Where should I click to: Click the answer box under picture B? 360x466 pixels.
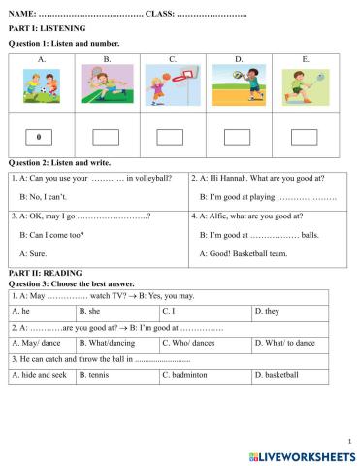pyautogui.click(x=106, y=137)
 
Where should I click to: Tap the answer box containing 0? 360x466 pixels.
pyautogui.click(x=40, y=137)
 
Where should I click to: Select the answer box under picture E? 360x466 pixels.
pyautogui.click(x=307, y=137)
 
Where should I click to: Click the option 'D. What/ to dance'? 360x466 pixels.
pyautogui.click(x=284, y=343)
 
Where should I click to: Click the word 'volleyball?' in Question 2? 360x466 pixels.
pyautogui.click(x=153, y=178)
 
